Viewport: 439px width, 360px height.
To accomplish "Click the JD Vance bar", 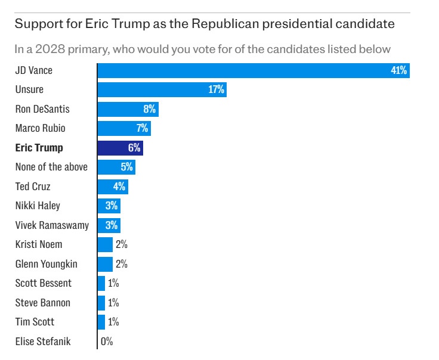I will (253, 70).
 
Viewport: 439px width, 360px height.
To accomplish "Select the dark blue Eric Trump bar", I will (120, 148).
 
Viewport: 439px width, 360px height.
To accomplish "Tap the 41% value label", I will (398, 70).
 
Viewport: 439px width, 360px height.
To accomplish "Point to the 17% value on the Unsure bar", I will (216, 90).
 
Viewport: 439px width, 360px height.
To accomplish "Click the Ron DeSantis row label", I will (42, 109).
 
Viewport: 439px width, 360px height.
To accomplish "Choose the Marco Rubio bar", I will (124, 128).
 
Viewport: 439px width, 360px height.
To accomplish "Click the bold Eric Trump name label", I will (39, 148).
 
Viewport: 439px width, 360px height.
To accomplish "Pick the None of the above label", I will (51, 167).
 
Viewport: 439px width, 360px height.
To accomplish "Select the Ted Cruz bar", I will (113, 187).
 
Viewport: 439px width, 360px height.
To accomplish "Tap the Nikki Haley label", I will (38, 206).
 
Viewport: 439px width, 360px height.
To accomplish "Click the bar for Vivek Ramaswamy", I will (109, 225).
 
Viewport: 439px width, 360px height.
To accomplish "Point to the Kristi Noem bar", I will (105, 244).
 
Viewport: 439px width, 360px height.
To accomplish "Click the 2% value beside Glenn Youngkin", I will (122, 264).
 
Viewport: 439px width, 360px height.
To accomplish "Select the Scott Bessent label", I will (43, 283).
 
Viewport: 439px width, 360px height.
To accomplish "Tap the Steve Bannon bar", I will (101, 303).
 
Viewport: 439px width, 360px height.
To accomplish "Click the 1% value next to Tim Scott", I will (113, 322).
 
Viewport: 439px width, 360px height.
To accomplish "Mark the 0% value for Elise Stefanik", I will (107, 342).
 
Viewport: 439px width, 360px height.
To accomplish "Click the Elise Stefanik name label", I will (43, 342).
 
